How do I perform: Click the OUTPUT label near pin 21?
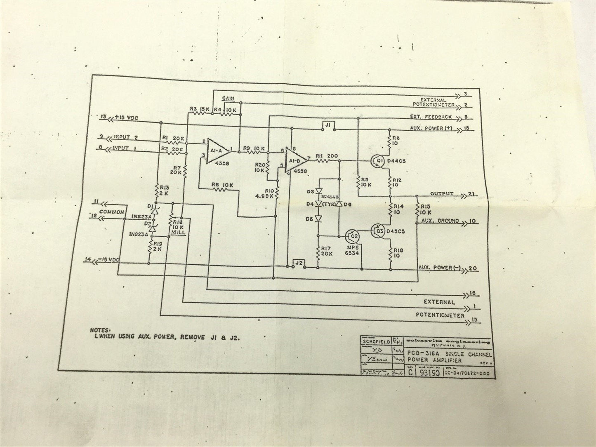point(441,193)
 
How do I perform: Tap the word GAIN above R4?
point(228,98)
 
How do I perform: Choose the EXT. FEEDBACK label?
point(431,117)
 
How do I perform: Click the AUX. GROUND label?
point(440,221)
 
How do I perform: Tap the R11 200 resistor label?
point(327,155)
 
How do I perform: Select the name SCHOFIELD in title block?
point(376,341)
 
